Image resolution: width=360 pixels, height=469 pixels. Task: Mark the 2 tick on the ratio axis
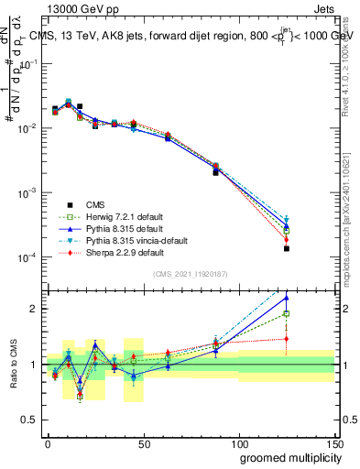(37, 309)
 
